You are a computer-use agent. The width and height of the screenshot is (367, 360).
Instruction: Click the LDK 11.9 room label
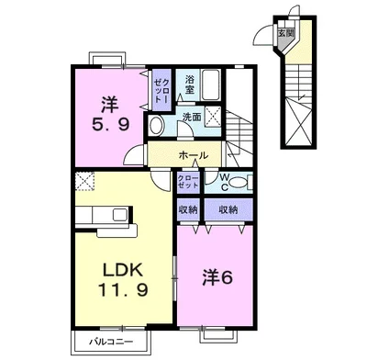point(123,279)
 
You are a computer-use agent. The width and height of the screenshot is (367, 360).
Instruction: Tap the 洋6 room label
point(217,277)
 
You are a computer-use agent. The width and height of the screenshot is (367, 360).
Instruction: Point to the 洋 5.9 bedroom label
point(110,114)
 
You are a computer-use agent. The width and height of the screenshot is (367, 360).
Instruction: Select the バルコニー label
point(111,342)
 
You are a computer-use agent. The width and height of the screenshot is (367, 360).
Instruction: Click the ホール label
point(193,155)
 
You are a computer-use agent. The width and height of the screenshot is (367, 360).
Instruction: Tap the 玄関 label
point(285,33)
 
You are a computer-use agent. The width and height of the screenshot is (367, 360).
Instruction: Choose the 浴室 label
point(189,84)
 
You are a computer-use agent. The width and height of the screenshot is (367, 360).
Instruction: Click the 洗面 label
point(192,117)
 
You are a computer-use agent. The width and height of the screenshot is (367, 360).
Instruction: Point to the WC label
point(225,183)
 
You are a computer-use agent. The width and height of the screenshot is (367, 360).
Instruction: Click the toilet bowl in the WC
point(238,183)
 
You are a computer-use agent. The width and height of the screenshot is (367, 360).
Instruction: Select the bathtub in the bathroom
point(211,84)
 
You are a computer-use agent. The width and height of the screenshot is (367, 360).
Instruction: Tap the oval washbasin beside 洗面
point(157,126)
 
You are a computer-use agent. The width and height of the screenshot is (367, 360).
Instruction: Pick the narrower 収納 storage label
point(188,209)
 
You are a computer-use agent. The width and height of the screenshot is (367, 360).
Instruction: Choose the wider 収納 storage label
point(228,209)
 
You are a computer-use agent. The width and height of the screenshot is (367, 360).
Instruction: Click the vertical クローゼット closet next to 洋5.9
point(161,90)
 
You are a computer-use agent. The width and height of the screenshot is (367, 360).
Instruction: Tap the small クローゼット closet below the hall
point(188,182)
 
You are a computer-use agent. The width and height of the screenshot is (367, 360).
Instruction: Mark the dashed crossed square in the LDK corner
point(84,181)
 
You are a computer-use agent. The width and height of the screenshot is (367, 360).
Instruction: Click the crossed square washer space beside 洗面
point(212,116)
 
